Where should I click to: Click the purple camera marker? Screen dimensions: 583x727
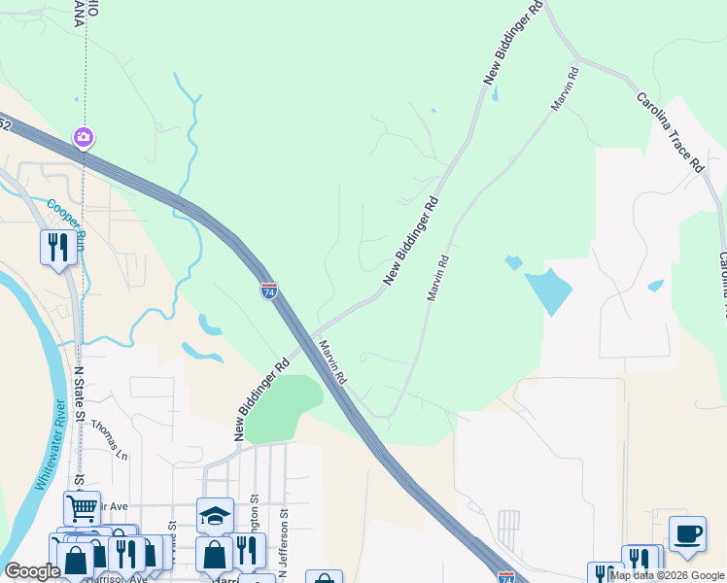click(84, 138)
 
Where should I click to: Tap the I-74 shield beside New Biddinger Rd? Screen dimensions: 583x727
click(269, 290)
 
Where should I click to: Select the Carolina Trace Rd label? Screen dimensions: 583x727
click(670, 131)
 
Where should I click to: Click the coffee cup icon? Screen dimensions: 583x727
click(687, 533)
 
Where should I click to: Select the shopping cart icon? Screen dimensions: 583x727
click(82, 507)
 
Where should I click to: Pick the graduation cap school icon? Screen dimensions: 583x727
click(215, 515)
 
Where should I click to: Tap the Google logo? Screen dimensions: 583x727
click(31, 571)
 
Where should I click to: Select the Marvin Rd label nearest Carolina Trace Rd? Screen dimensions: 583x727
click(567, 87)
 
